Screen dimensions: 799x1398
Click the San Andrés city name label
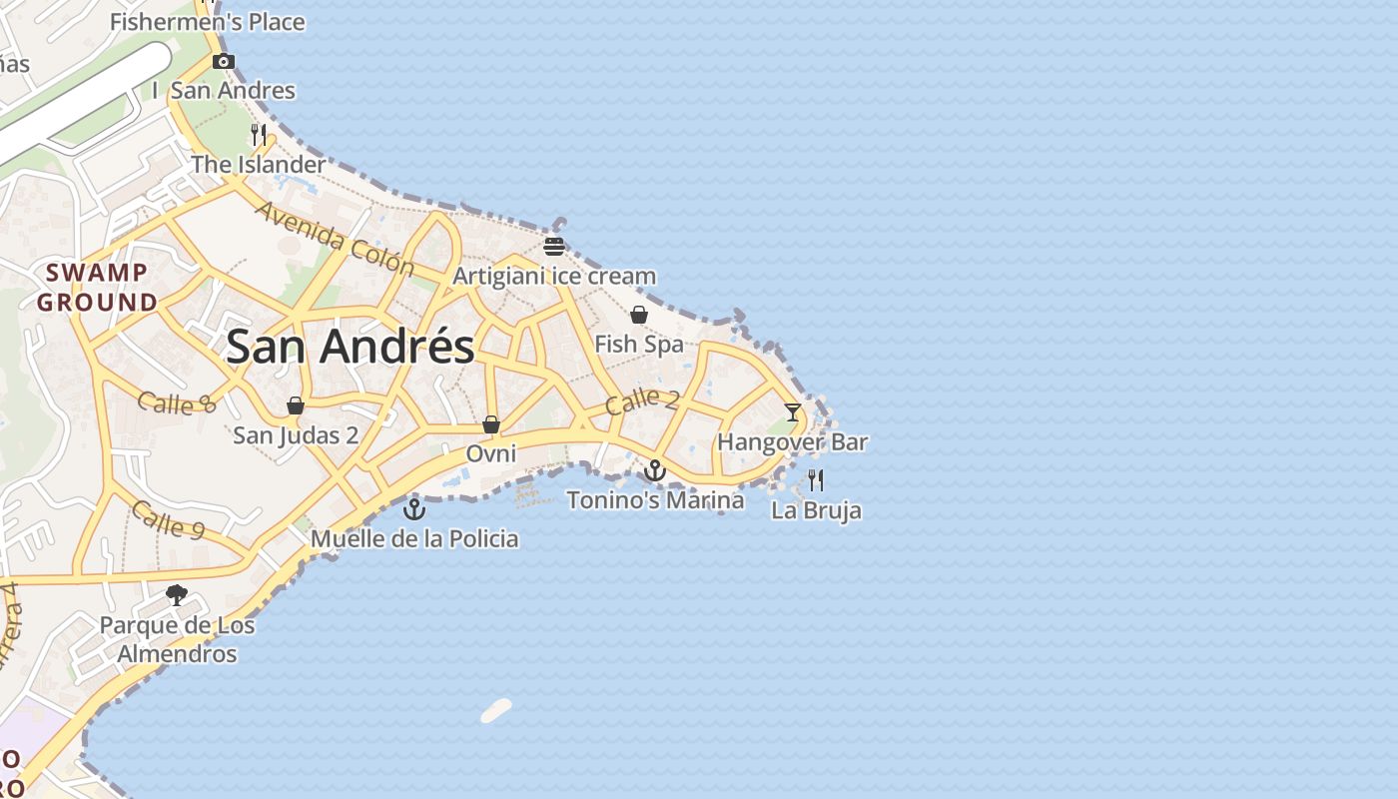coord(349,347)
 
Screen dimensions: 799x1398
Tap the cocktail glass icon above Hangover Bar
coord(792,411)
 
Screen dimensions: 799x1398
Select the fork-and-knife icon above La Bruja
coord(816,480)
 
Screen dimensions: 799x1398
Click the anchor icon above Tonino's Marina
coord(655,469)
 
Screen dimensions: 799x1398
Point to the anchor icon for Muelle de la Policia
coord(414,509)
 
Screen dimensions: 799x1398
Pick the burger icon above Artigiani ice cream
coord(554,246)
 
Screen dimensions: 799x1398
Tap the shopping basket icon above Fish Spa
coord(639,316)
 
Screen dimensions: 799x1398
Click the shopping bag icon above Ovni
coord(491,424)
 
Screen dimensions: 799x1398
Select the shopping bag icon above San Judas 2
coord(296,405)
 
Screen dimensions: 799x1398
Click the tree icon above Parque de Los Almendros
coord(177,595)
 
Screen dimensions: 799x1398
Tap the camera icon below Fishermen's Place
coord(224,62)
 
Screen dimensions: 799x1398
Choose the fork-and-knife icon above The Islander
coord(259,135)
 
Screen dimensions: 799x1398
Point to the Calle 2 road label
coord(642,401)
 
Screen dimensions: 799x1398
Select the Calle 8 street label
coord(176,403)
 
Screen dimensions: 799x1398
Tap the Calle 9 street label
coord(168,519)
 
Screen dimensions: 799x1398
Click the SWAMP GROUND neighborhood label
coord(98,287)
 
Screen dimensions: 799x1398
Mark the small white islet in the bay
coord(496,710)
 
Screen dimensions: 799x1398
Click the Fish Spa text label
coord(639,345)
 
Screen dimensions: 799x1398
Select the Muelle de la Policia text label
coord(414,539)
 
